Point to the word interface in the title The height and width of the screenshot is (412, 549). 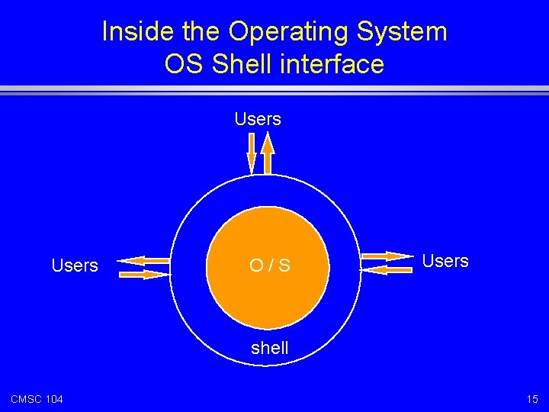click(335, 64)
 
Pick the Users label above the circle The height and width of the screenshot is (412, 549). click(258, 119)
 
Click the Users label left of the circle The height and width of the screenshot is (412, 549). click(75, 266)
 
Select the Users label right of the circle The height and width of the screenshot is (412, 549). click(445, 261)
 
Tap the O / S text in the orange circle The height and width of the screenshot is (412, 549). click(269, 266)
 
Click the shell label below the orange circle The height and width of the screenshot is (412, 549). click(270, 348)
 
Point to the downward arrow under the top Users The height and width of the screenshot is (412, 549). click(252, 153)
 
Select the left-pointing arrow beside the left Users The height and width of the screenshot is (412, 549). click(144, 260)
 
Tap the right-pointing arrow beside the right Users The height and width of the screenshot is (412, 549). click(388, 256)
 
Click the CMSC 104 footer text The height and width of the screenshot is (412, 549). click(37, 399)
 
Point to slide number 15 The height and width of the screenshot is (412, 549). click(531, 399)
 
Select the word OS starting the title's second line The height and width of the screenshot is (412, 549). click(184, 64)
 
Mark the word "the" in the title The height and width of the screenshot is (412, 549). click(203, 32)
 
